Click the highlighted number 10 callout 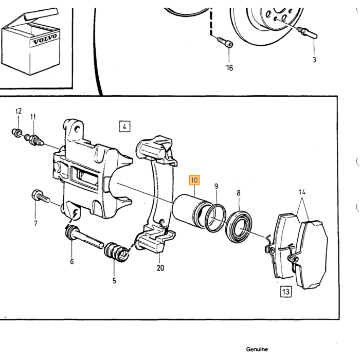[194, 180]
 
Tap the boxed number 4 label [124, 127]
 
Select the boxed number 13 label [286, 292]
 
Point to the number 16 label [229, 68]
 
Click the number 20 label [160, 268]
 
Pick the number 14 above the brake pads [302, 192]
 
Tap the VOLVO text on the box [45, 40]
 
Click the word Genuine [257, 349]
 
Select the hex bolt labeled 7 [40, 197]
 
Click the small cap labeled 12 [17, 133]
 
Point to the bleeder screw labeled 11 [34, 140]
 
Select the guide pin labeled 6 [84, 238]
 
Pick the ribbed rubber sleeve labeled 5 [117, 252]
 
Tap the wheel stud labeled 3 [307, 32]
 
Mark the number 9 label [216, 186]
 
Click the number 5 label [114, 281]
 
